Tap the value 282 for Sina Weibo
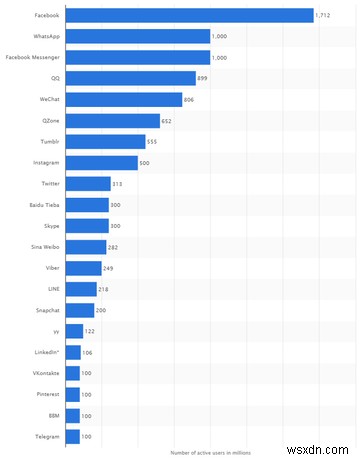[115, 247]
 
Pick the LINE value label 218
[105, 289]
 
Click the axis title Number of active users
[213, 452]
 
